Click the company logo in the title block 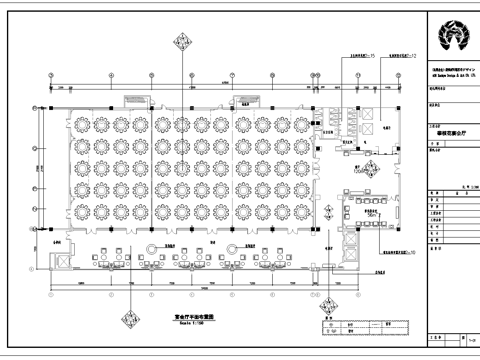[x=452, y=39]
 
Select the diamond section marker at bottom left [x=129, y=321]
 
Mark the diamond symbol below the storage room [x=368, y=164]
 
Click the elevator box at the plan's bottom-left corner [x=60, y=261]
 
